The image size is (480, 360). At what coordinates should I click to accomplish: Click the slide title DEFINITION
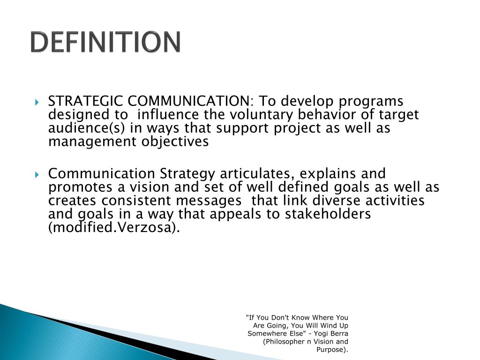(105, 43)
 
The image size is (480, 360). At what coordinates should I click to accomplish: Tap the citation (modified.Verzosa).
(114, 228)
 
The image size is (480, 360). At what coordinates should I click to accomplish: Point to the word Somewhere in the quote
(265, 333)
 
